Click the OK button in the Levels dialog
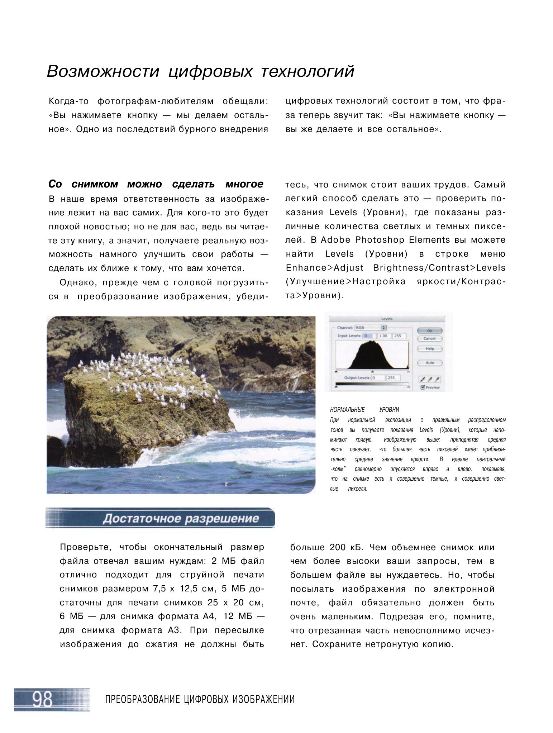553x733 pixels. point(430,330)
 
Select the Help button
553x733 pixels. point(430,348)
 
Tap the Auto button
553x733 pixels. point(430,363)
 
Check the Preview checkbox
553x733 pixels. point(423,387)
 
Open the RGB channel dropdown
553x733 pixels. point(371,328)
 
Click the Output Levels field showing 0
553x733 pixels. point(378,378)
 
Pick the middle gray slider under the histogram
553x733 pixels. point(372,372)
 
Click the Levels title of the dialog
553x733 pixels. point(387,319)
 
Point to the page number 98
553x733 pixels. point(43,699)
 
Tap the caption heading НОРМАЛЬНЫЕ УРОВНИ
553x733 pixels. point(364,410)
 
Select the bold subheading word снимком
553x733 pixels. point(95,184)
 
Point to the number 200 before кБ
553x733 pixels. point(338,547)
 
